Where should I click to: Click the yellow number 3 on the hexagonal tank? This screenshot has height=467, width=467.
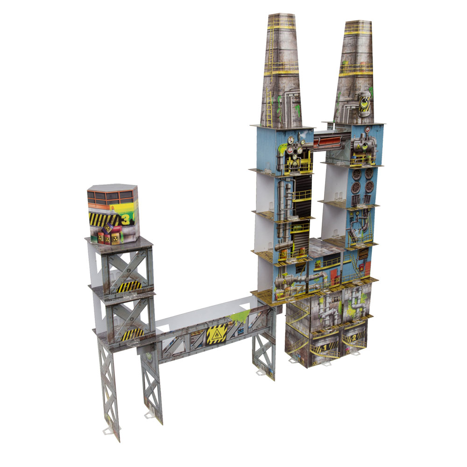[125, 219]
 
